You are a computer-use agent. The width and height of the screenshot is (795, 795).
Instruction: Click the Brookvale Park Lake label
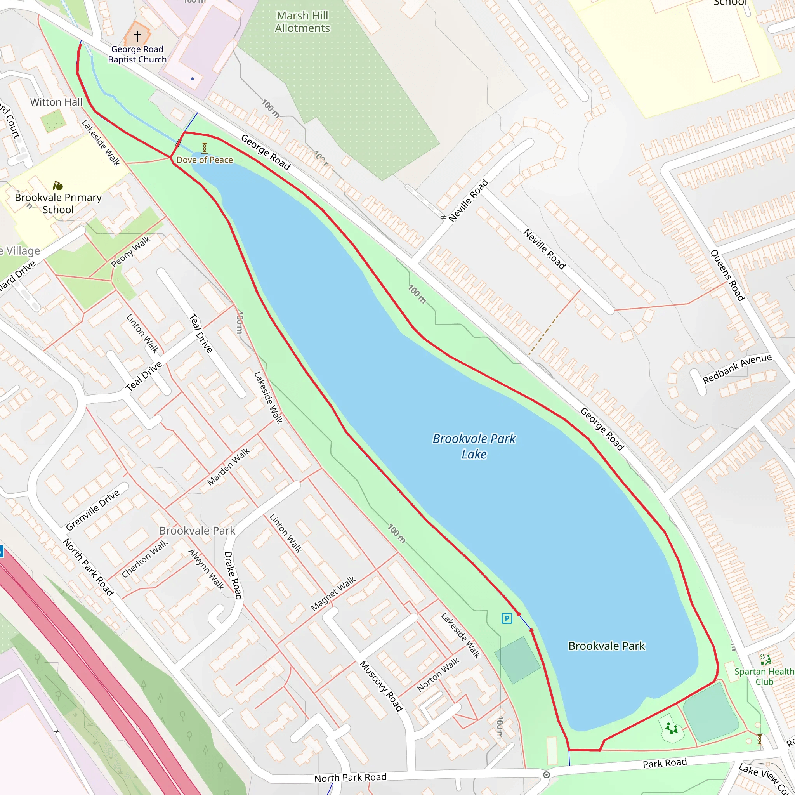click(474, 446)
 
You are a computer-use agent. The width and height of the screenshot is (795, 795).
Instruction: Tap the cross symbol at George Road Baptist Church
click(137, 36)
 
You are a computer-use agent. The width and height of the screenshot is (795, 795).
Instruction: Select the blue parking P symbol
click(507, 618)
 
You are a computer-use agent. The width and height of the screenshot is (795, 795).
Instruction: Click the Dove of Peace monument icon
click(205, 148)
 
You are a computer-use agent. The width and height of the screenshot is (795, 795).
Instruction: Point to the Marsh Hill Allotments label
click(302, 22)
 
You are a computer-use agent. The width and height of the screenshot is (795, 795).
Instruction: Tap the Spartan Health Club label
click(764, 677)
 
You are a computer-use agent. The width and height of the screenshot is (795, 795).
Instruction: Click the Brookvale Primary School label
click(58, 203)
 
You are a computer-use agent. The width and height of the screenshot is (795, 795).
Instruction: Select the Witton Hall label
click(56, 102)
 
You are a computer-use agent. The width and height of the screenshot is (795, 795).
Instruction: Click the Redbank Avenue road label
click(737, 369)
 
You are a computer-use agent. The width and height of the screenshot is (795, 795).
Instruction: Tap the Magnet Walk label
click(333, 594)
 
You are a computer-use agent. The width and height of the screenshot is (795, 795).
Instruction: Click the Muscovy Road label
click(381, 686)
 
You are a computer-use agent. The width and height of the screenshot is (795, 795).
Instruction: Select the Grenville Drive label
click(93, 510)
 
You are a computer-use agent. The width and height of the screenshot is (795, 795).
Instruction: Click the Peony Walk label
click(131, 252)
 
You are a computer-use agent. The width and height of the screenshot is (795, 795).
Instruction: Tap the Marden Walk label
click(228, 467)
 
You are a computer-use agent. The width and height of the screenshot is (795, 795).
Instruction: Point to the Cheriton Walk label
click(145, 558)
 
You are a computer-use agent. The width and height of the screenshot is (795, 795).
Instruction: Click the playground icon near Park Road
click(672, 729)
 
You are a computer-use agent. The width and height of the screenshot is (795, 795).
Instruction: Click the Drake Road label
click(233, 575)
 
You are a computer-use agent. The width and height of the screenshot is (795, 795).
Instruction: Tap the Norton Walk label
click(438, 674)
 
